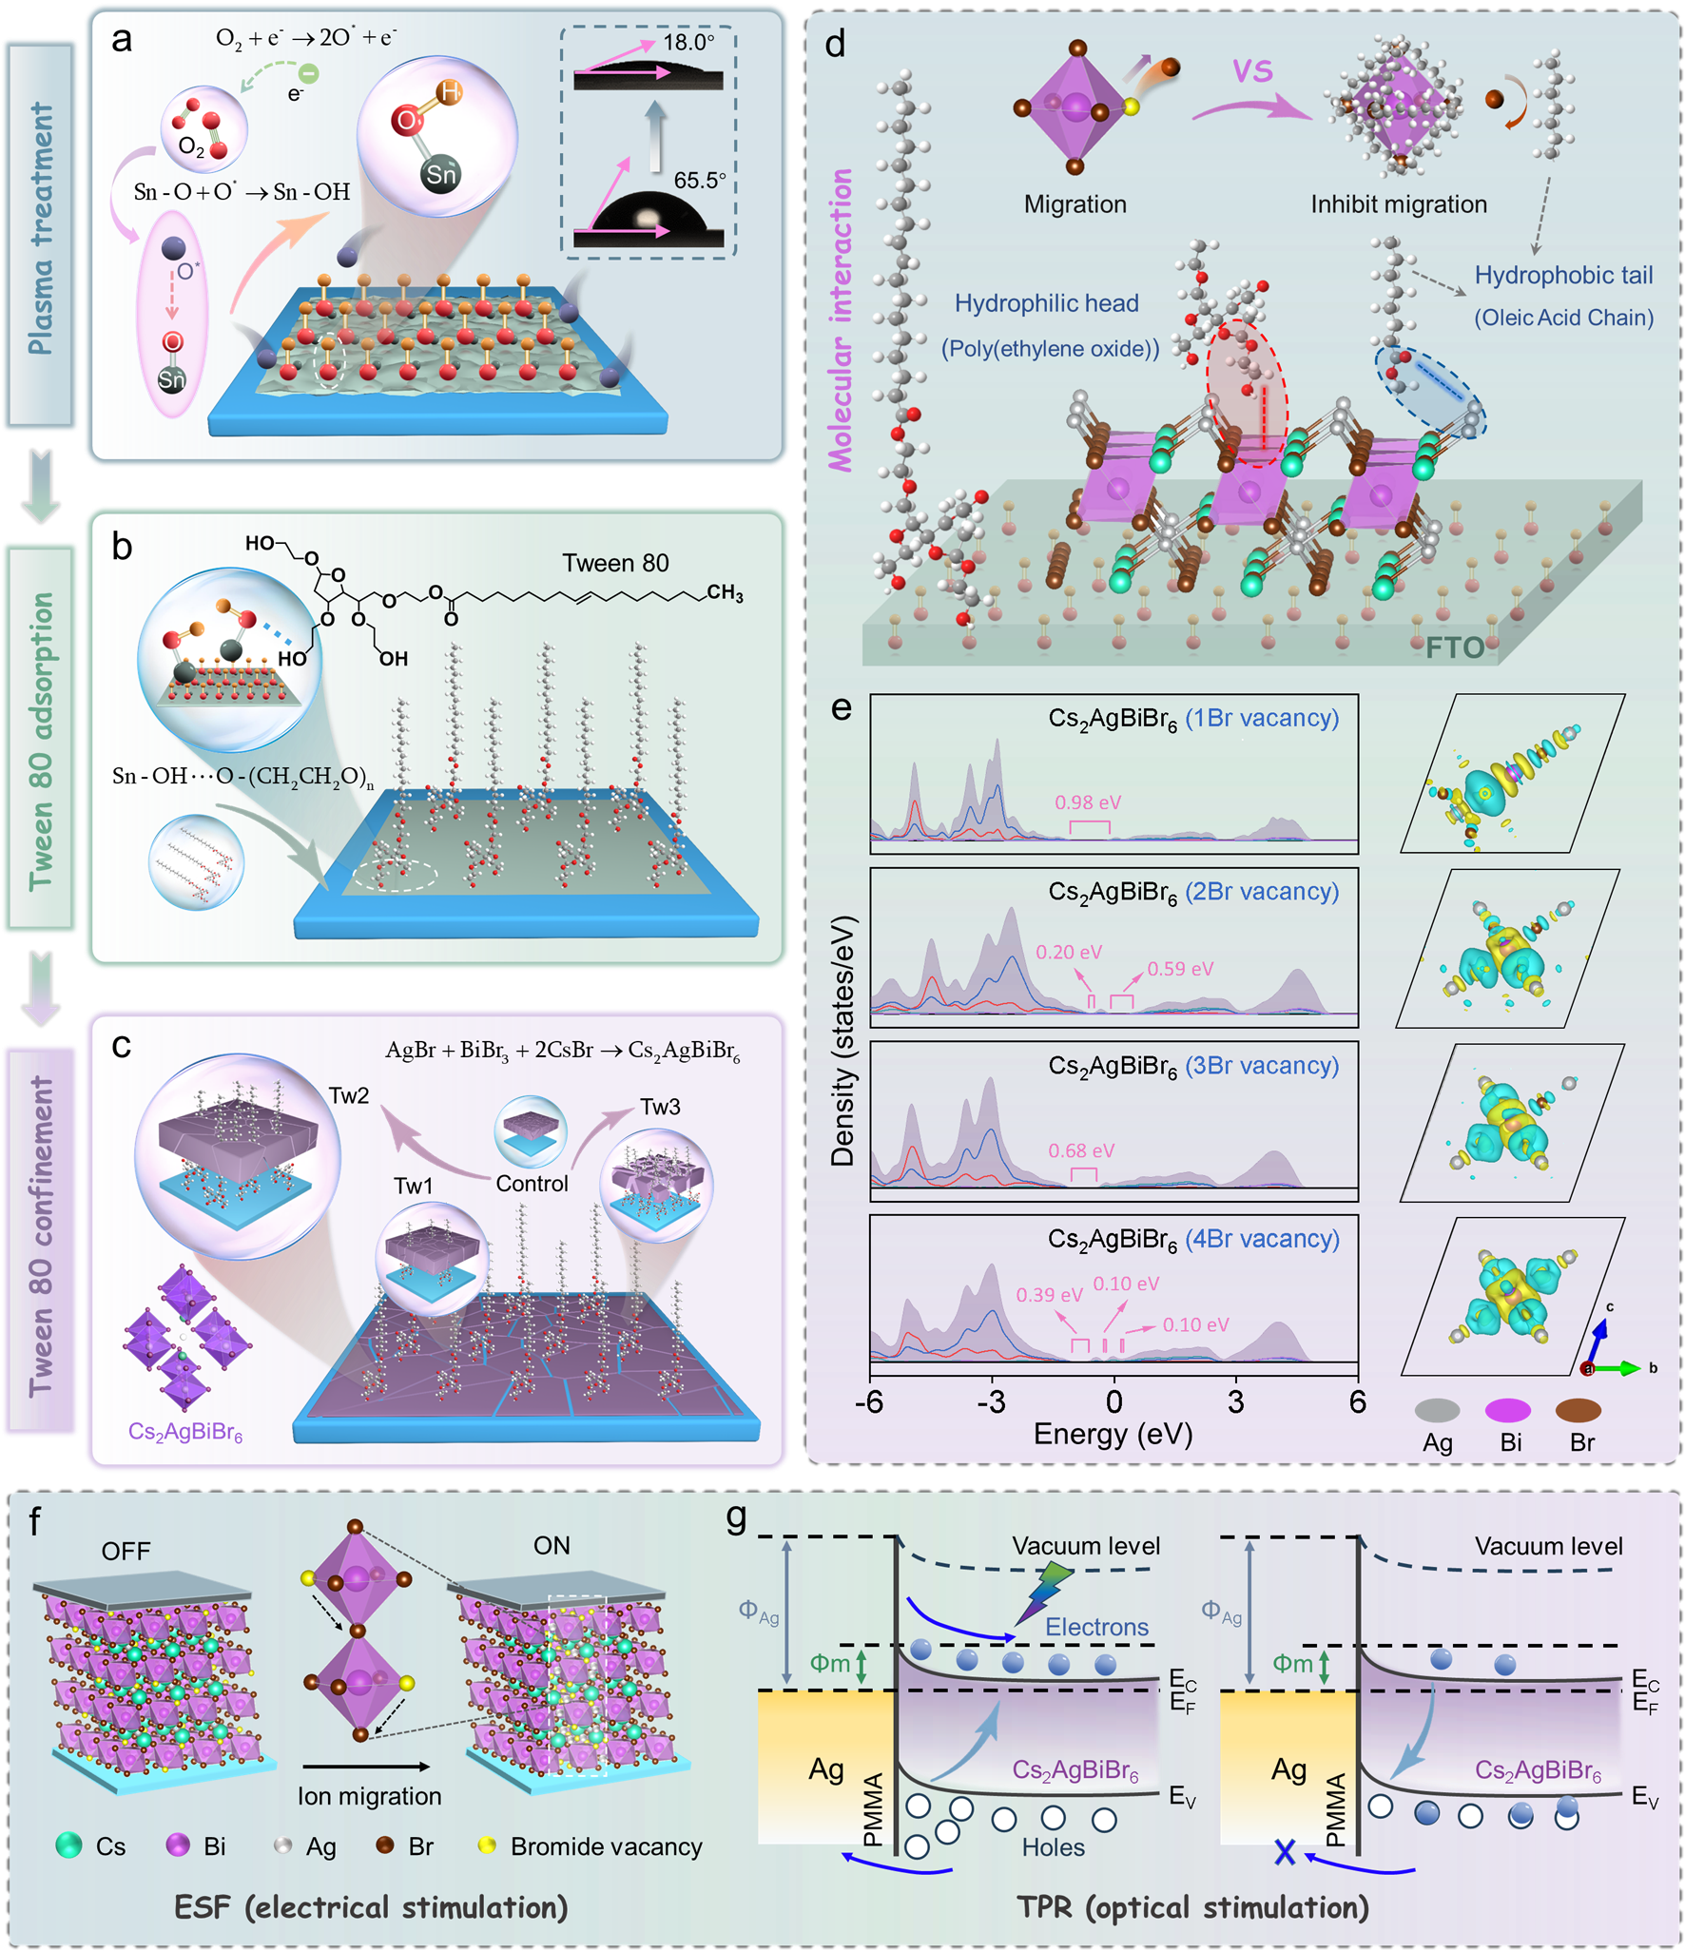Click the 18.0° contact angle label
click(x=688, y=43)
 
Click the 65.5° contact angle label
click(x=699, y=181)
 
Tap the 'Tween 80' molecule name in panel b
click(x=615, y=564)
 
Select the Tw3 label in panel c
click(x=660, y=1107)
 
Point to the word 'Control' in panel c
click(x=532, y=1184)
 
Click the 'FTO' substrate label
click(x=1455, y=647)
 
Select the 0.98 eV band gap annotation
click(x=1088, y=802)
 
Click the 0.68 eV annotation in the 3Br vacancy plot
click(x=1081, y=1150)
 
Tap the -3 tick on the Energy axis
click(x=991, y=1401)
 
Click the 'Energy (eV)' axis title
click(x=1113, y=1434)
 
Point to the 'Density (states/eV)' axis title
click(x=842, y=1041)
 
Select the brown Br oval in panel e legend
click(x=1578, y=1410)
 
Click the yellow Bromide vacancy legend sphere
click(x=488, y=1845)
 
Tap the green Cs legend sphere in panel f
click(x=68, y=1845)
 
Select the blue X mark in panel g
click(x=1285, y=1852)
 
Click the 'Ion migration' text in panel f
click(x=369, y=1796)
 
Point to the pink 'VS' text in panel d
click(x=1252, y=70)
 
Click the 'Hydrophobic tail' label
click(x=1563, y=276)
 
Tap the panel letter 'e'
click(x=841, y=708)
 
